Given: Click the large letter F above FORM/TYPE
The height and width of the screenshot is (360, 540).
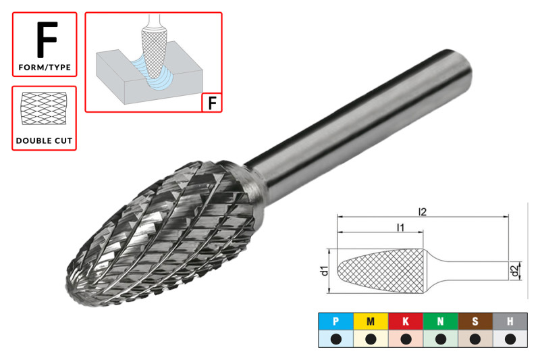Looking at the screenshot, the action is pyautogui.click(x=47, y=40).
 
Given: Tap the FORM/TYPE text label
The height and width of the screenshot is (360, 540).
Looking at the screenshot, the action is pyautogui.click(x=45, y=67).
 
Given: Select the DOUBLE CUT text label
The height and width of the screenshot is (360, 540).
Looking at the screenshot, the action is pyautogui.click(x=44, y=140).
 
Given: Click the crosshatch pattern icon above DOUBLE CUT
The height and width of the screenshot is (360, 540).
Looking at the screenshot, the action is pyautogui.click(x=44, y=108).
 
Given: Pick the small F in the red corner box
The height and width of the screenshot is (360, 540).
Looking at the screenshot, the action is pyautogui.click(x=212, y=103).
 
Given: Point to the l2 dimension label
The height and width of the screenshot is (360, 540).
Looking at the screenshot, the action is pyautogui.click(x=423, y=211).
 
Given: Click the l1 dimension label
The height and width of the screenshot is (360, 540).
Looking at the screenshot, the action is pyautogui.click(x=400, y=228).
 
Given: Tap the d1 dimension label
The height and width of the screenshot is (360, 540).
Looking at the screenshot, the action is pyautogui.click(x=325, y=271).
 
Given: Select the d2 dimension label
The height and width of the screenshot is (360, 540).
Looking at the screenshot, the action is pyautogui.click(x=514, y=270).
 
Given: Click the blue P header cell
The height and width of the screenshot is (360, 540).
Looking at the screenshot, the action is pyautogui.click(x=335, y=322).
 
